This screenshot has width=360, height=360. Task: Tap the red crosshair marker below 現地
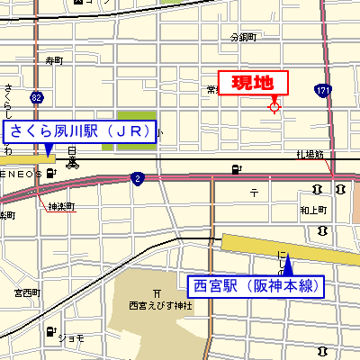274,108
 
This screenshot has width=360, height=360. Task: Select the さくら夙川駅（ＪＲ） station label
80,131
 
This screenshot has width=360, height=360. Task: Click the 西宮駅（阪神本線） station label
256,287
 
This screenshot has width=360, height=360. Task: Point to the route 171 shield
322,90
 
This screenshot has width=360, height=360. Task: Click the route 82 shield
35,96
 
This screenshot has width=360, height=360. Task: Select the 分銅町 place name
243,38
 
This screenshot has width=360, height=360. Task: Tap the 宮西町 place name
27,292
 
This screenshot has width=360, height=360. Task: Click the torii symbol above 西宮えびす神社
157,292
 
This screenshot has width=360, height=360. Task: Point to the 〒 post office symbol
254,193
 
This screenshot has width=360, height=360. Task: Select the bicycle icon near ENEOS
71,164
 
